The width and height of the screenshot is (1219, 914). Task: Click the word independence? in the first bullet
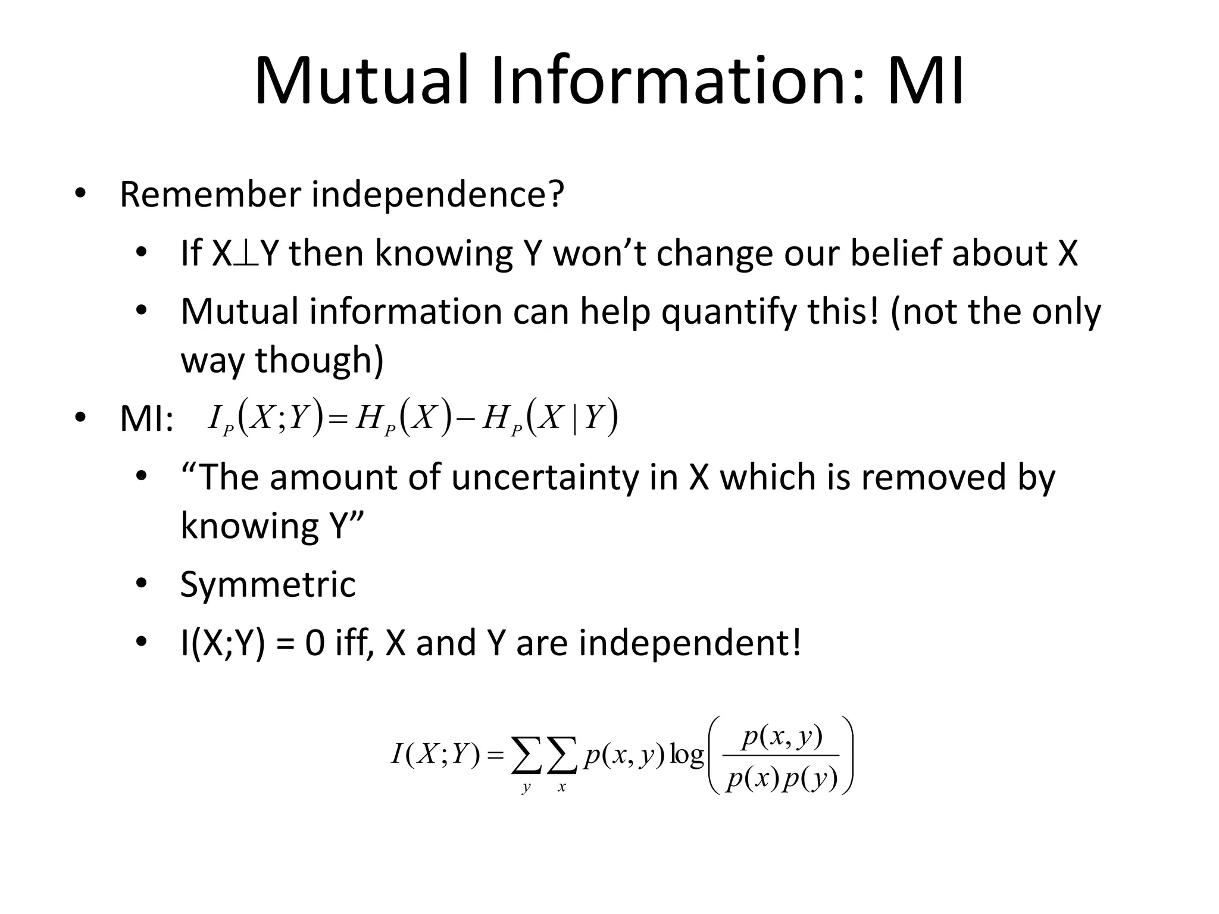[437, 194]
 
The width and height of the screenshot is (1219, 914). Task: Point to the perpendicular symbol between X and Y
[246, 255]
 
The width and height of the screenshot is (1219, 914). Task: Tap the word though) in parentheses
[320, 361]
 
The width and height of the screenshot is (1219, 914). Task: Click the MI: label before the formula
[146, 419]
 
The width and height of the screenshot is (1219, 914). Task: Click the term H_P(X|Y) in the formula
[551, 418]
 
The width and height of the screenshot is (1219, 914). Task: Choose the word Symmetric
[268, 584]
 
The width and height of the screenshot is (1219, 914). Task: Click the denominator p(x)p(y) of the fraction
[782, 778]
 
